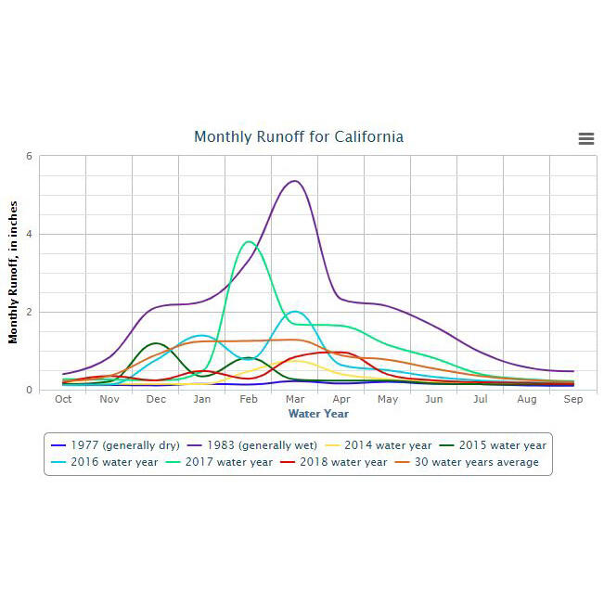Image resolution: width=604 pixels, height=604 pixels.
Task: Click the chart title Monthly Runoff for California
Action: (x=299, y=137)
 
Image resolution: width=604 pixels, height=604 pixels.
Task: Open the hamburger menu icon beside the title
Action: (x=585, y=138)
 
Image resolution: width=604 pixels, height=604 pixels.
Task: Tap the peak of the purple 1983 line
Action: (x=294, y=181)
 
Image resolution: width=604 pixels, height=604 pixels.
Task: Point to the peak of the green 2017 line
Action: (x=248, y=242)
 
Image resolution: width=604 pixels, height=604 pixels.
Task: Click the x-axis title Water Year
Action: (x=318, y=414)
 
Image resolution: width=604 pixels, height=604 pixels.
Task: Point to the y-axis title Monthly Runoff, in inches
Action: (x=14, y=272)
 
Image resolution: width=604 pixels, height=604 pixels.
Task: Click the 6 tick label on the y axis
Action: (x=30, y=156)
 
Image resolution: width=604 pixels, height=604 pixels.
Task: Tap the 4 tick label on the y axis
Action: (x=30, y=234)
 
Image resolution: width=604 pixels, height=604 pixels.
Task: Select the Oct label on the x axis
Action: (x=63, y=400)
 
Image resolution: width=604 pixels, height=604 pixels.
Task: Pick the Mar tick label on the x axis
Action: (x=295, y=400)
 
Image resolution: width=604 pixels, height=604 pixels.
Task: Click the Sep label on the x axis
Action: (x=573, y=400)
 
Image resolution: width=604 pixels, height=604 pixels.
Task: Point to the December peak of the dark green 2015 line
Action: (x=156, y=343)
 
